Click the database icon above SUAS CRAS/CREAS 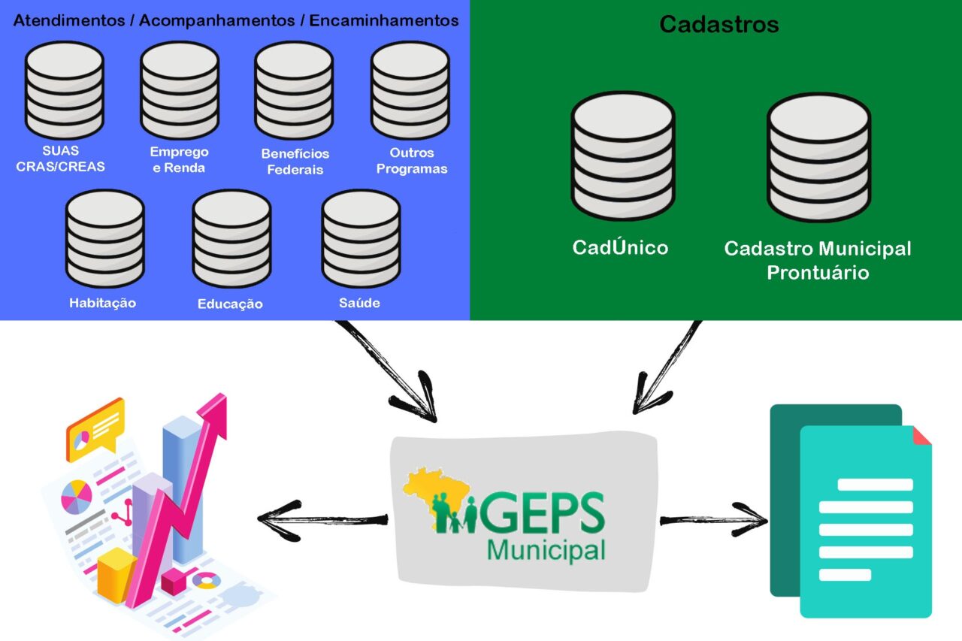pyautogui.click(x=64, y=90)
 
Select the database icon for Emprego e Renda pyautogui.click(x=180, y=90)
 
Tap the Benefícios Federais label pyautogui.click(x=295, y=161)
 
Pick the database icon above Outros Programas pyautogui.click(x=410, y=90)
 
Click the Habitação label pyautogui.click(x=102, y=303)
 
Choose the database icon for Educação pyautogui.click(x=231, y=238)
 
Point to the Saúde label pyautogui.click(x=359, y=303)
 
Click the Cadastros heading pyautogui.click(x=718, y=24)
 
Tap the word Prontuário pyautogui.click(x=818, y=272)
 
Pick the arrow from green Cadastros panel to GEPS pyautogui.click(x=665, y=368)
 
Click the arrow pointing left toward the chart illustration pyautogui.click(x=319, y=519)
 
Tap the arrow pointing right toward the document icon pyautogui.click(x=714, y=519)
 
